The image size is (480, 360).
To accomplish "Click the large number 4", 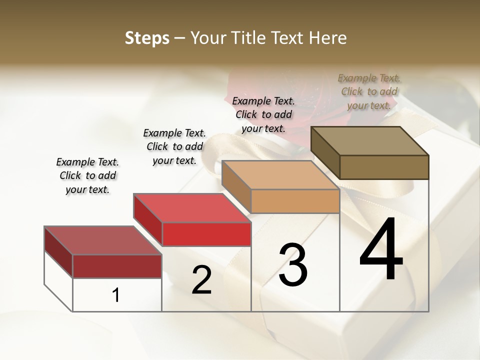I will [x=381, y=249].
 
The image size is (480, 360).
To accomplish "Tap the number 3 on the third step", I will [x=293, y=265].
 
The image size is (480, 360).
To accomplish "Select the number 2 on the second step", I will [x=201, y=280].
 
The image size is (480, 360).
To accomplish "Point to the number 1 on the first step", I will [x=116, y=295].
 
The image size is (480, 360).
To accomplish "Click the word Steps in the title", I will [x=147, y=38].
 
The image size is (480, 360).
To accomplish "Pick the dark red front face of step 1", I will [x=117, y=266].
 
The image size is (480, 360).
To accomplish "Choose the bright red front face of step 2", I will [x=206, y=234].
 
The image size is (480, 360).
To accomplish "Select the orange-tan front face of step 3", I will [x=295, y=201].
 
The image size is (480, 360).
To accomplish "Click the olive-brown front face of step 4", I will [x=384, y=167].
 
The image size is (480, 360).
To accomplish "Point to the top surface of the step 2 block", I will [x=192, y=207].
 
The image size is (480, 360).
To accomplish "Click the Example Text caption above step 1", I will [x=87, y=175].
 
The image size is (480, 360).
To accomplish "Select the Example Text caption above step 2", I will [x=174, y=146].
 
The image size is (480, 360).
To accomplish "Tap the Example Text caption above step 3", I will [x=263, y=114].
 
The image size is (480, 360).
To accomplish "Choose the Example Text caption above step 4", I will [x=369, y=91].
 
